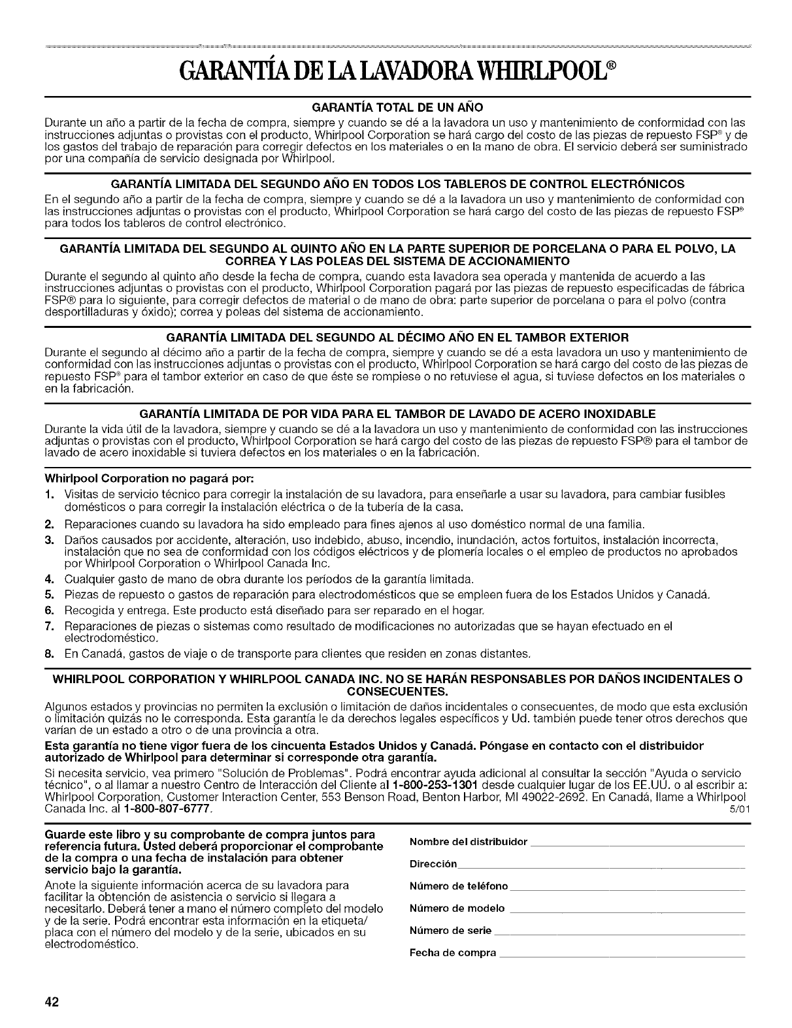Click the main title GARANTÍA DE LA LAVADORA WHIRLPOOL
396,68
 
